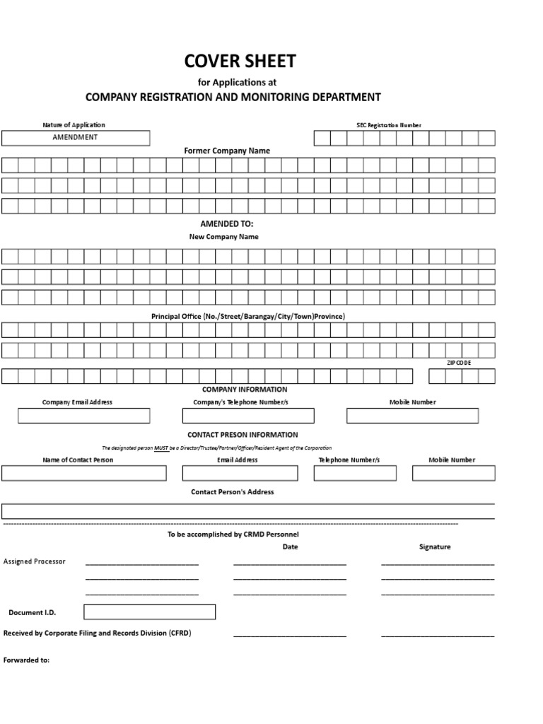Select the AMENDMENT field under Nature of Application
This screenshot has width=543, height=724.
pos(76,138)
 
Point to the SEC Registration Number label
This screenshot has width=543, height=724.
pos(388,125)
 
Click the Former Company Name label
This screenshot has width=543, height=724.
pos(227,151)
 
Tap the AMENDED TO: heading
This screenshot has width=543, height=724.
pos(227,223)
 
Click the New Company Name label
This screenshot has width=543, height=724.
pos(223,237)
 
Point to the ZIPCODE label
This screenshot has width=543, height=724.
pos(459,362)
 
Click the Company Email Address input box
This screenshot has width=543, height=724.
pos(83,416)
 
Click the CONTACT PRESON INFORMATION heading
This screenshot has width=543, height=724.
pos(243,435)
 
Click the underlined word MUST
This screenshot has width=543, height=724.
pos(160,448)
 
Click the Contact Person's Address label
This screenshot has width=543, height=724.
pos(233,491)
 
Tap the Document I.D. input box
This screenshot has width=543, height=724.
pos(149,612)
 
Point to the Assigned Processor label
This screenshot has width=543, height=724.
pos(35,561)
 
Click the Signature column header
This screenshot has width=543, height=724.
pos(435,547)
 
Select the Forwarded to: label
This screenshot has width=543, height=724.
pos(27,660)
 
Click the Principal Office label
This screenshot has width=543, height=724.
pos(248,316)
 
